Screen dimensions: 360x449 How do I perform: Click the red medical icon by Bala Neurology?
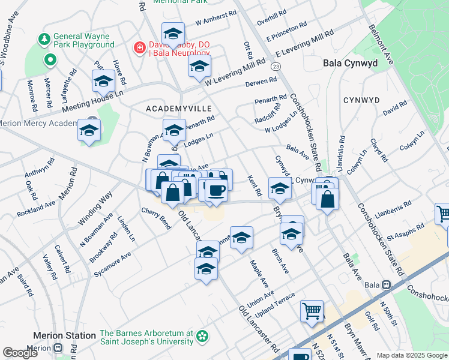(x=139, y=47)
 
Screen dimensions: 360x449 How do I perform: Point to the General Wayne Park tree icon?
(x=44, y=40)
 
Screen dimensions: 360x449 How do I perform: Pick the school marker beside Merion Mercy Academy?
(x=89, y=131)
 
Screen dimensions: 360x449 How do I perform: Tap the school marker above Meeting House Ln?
(x=103, y=81)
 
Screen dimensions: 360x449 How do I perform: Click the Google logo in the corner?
(x=20, y=353)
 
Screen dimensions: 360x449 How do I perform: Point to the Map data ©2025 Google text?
(x=412, y=355)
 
